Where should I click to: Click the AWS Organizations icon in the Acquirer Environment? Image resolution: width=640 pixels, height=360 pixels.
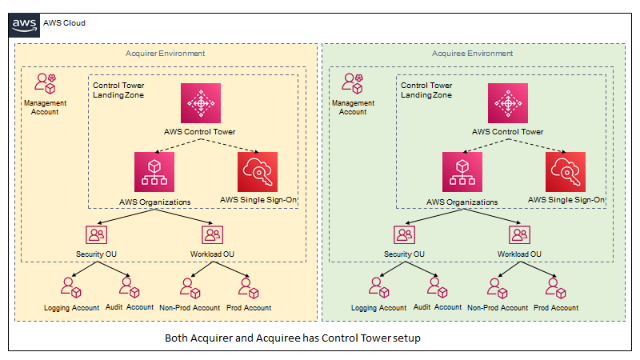[x=154, y=170]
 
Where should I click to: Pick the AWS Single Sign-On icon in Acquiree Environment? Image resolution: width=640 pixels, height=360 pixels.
[x=566, y=170]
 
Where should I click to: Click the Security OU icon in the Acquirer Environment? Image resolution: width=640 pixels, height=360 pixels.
[x=97, y=235]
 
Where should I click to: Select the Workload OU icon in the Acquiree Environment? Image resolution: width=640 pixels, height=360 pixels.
[x=520, y=235]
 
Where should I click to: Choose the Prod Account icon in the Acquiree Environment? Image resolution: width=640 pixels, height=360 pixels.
[x=554, y=286]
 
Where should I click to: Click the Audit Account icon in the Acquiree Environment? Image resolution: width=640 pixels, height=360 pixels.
[x=435, y=286]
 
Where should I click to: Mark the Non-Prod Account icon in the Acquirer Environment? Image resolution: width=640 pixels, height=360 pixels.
[x=189, y=286]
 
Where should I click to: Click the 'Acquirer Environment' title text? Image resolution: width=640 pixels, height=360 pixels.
[x=166, y=54]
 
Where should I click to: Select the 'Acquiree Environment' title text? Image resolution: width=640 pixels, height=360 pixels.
[x=473, y=54]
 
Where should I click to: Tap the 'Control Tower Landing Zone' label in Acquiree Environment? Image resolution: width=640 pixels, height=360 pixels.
[x=426, y=90]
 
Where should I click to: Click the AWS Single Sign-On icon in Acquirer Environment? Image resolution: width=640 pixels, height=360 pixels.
[x=258, y=170]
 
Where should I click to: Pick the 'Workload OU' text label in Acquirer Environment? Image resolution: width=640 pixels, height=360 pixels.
[x=211, y=254]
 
